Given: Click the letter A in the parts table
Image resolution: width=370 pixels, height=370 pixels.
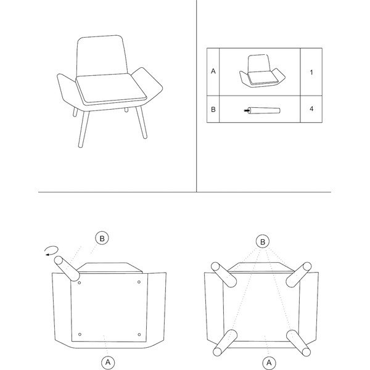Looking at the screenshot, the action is pyautogui.click(x=213, y=71).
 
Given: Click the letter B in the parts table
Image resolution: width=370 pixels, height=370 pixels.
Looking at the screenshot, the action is pyautogui.click(x=213, y=110).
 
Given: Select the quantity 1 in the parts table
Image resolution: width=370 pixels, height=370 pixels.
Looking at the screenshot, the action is pyautogui.click(x=311, y=72).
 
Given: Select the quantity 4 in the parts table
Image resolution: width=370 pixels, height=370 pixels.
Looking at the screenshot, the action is pyautogui.click(x=311, y=109).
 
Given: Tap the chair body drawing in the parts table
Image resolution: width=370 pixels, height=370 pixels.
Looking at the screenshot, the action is pyautogui.click(x=262, y=71).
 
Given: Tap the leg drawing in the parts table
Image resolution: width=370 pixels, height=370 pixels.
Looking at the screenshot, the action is pyautogui.click(x=262, y=110).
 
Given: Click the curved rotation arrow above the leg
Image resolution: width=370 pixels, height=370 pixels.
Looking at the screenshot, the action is pyautogui.click(x=52, y=250).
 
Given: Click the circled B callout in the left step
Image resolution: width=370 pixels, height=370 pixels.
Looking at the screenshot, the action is pyautogui.click(x=102, y=238).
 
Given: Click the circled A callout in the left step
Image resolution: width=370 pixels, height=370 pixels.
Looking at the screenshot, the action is pyautogui.click(x=108, y=362).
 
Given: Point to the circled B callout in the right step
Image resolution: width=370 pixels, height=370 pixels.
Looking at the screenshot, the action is pyautogui.click(x=263, y=242).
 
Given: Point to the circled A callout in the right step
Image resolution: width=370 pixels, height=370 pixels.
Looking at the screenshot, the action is pyautogui.click(x=269, y=363).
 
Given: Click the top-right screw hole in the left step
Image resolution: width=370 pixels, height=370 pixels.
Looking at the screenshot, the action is pyautogui.click(x=139, y=282).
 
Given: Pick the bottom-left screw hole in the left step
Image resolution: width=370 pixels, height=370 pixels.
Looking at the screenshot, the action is pyautogui.click(x=80, y=334).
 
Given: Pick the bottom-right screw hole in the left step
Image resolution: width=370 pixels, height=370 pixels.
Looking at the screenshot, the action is pyautogui.click(x=139, y=334).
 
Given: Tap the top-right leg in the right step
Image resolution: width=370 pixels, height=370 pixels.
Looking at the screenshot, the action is pyautogui.click(x=298, y=274).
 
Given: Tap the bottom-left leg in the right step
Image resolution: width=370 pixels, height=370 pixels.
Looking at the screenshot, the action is pyautogui.click(x=225, y=343).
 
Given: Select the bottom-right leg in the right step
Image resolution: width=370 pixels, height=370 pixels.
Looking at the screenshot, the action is pyautogui.click(x=298, y=343).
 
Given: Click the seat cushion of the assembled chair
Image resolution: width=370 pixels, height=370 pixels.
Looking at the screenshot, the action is pyautogui.click(x=111, y=88).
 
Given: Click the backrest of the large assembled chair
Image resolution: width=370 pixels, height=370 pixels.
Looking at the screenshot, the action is pyautogui.click(x=102, y=56).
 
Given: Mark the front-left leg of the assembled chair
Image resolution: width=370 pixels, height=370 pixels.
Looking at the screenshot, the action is pyautogui.click(x=83, y=129).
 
